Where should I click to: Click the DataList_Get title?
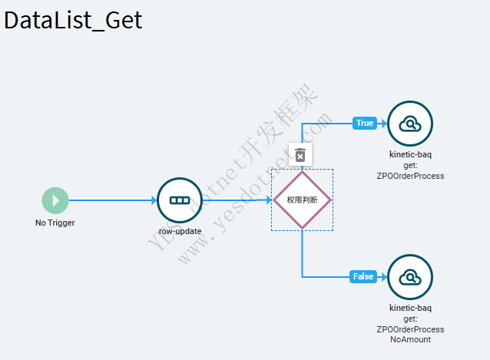74,20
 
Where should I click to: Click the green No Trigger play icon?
55,200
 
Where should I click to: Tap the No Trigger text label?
55,223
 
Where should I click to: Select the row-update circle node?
179,200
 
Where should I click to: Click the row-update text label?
179,230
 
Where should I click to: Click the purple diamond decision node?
302,200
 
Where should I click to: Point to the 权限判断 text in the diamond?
302,200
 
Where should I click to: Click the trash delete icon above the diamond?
300,155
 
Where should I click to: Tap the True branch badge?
364,123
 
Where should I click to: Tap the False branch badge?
363,276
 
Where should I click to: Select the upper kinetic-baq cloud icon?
410,123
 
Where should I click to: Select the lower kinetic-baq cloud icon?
410,276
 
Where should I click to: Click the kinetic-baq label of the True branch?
410,154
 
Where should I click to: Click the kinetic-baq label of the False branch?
410,308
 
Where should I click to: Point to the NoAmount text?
410,339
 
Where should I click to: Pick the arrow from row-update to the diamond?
238,200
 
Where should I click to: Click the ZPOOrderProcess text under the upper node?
410,176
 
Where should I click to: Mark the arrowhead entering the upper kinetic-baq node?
384,123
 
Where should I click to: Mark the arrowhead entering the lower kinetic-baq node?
384,276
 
